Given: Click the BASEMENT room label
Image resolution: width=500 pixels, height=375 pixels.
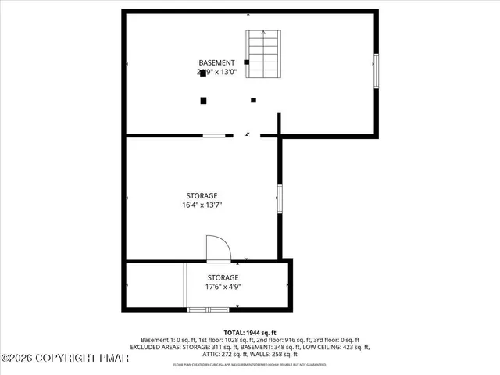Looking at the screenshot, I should [216, 62].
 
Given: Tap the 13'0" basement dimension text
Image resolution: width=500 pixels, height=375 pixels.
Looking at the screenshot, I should [234, 72].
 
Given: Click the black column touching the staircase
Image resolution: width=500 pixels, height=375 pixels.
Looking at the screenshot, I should [247, 62].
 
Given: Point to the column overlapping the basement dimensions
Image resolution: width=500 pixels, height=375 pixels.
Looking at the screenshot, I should [203, 73].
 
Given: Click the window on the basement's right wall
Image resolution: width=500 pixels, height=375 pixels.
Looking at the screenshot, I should [376, 70].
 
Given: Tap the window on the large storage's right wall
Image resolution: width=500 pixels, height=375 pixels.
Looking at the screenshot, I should [279, 198].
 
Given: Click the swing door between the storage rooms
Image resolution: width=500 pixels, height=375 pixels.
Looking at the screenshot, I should [216, 250].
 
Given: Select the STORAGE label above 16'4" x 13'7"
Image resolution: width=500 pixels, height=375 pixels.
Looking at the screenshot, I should [202, 195].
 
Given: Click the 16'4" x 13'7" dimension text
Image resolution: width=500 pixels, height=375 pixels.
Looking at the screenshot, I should [202, 205].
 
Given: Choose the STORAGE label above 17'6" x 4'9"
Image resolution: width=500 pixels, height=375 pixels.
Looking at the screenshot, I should [223, 277].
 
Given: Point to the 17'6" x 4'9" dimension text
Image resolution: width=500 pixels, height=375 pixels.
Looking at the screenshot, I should [223, 287].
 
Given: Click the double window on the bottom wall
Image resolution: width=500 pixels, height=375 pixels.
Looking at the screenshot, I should [209, 310].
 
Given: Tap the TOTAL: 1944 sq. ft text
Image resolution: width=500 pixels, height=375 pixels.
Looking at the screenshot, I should [250, 332].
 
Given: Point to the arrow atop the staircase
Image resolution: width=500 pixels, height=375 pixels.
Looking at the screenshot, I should [263, 34].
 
